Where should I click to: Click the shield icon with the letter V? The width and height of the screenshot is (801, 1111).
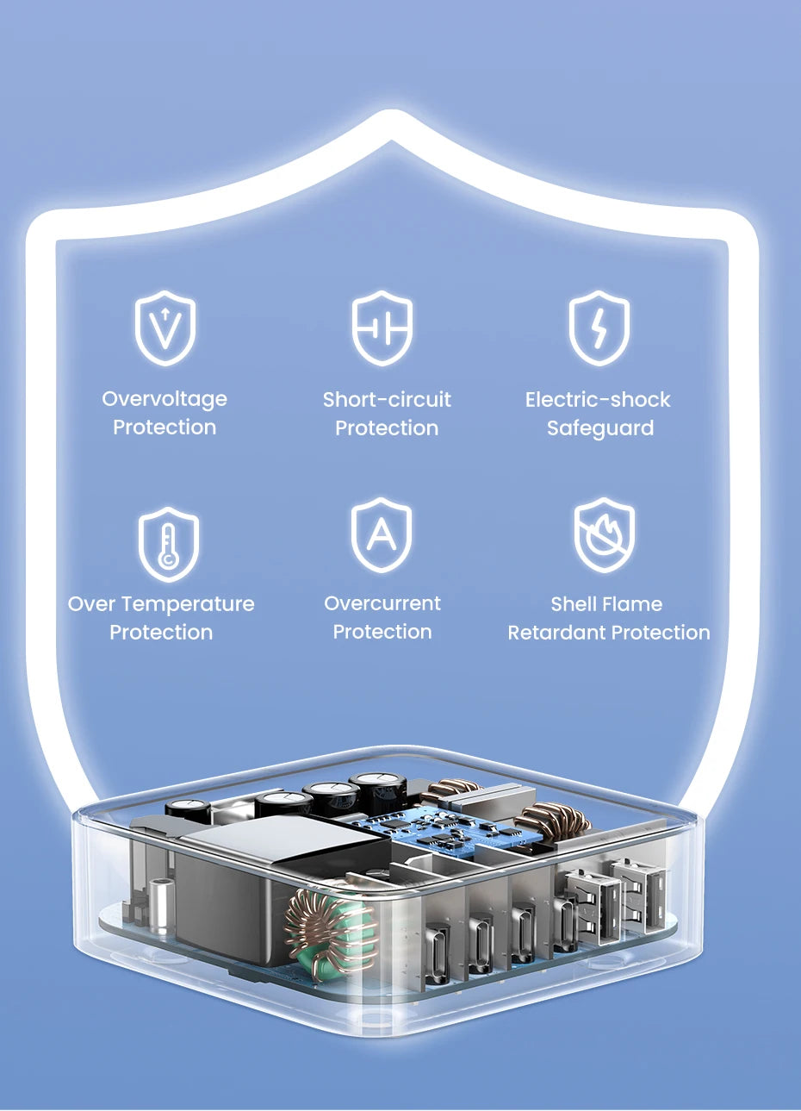point(165,328)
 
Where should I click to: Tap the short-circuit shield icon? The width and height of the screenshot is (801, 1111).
point(382,328)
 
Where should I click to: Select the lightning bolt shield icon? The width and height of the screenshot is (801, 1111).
point(599,328)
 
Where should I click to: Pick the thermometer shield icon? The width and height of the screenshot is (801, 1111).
point(169,544)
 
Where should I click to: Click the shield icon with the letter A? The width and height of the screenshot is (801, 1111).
point(382,535)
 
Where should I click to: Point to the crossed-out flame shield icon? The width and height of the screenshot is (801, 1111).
point(605,535)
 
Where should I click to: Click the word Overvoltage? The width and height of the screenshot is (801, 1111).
point(165,399)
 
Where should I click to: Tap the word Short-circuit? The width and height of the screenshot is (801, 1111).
point(387,400)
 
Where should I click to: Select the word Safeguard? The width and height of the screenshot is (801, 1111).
point(600,428)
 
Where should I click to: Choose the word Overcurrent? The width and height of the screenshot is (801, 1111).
point(382,603)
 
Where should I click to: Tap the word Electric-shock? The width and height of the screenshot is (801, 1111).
point(598,400)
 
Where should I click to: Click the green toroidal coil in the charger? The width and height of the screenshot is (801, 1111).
point(332,924)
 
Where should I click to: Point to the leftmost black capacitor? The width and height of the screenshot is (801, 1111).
point(189,811)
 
